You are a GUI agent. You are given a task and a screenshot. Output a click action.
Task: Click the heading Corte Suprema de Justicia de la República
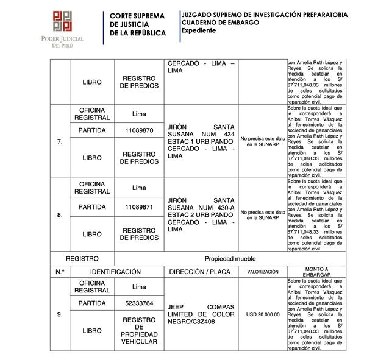coord(137,24)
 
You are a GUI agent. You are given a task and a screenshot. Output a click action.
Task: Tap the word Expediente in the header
coord(199,30)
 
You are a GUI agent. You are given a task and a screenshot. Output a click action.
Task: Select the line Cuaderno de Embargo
coord(220,22)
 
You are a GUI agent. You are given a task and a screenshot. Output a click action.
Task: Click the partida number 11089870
coord(139,130)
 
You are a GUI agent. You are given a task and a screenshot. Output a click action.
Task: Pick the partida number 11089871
coord(139,207)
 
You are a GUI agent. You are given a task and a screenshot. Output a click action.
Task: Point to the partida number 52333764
coord(139,303)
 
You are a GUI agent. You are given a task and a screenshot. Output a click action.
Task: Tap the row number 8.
coord(59,215)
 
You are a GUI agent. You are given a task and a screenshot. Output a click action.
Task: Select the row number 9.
coord(59,314)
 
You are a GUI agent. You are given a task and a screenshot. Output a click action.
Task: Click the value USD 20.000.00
coord(262,314)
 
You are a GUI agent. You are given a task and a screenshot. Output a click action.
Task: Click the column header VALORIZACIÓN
coord(262,272)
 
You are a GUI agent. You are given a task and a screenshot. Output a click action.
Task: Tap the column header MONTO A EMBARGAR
coord(316,272)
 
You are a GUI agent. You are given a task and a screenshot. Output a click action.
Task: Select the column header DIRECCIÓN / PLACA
coord(201,272)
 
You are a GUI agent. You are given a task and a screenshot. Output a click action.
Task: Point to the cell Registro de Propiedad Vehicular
coord(139,331)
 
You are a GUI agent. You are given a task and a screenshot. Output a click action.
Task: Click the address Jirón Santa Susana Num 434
coord(201,143)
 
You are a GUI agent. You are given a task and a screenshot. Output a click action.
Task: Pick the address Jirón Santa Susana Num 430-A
coord(201,215)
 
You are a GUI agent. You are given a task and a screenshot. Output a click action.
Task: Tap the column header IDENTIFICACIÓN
coord(115,272)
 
